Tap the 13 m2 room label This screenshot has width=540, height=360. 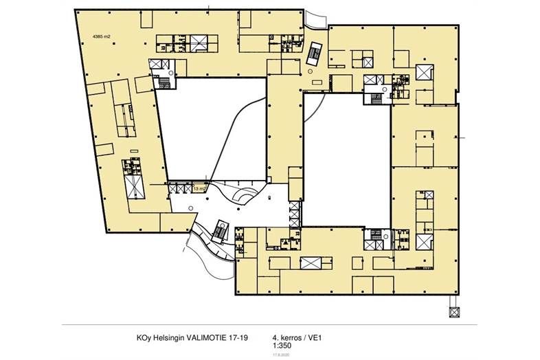click(201, 188)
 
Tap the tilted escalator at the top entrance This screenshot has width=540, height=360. click(316, 54)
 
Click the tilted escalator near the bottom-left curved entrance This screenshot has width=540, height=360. click(221, 230)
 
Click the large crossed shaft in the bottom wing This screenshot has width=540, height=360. click(311, 263)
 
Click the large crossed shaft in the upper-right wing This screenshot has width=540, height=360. click(423, 74)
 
